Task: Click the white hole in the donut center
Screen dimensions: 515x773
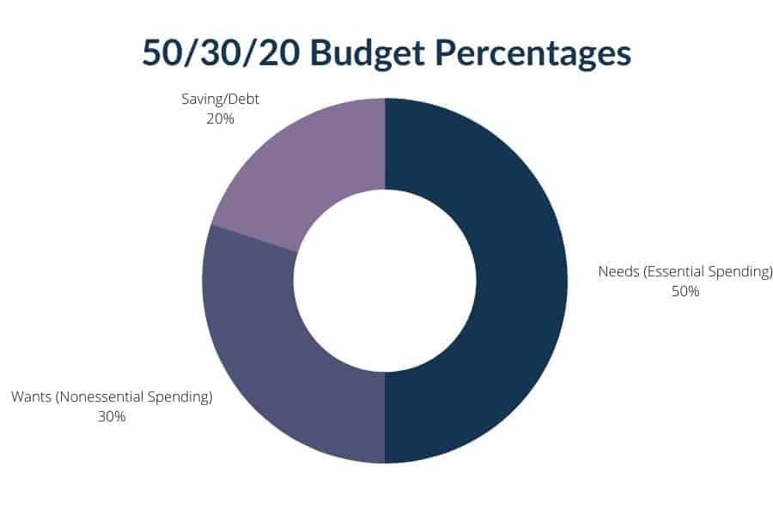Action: point(385,281)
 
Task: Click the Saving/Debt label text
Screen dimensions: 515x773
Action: point(221,100)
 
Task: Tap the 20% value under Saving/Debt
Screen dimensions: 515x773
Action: point(221,118)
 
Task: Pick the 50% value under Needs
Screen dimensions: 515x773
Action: point(685,291)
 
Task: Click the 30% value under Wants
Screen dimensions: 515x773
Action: point(112,416)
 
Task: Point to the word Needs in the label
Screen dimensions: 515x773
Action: point(617,272)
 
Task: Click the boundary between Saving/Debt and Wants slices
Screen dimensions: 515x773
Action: point(254,239)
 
